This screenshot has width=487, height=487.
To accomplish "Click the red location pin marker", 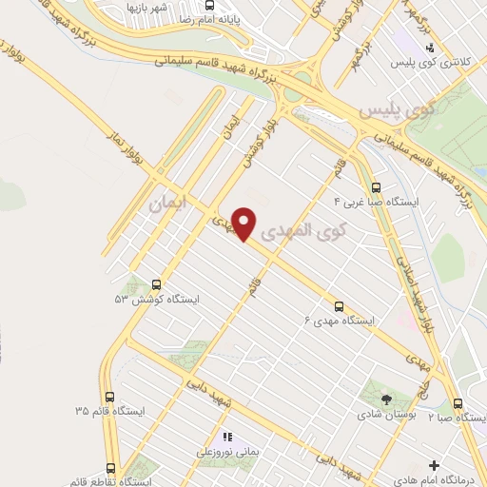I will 245,224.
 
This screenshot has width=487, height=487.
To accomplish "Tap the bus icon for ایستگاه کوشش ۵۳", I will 157,283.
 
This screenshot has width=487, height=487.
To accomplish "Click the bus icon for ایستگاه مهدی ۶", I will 340,305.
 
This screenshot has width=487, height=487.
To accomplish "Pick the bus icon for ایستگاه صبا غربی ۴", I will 377,187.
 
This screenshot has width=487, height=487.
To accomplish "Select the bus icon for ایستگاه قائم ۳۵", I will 110,397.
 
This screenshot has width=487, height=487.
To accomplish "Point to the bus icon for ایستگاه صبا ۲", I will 458,403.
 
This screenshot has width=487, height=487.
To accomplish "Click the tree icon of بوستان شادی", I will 386,399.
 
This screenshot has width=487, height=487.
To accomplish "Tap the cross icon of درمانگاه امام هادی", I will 435,466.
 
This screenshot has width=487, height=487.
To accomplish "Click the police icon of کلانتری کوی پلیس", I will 430,47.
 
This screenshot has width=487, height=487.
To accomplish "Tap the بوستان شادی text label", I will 386,415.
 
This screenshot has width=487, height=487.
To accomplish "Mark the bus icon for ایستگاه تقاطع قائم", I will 111,468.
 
